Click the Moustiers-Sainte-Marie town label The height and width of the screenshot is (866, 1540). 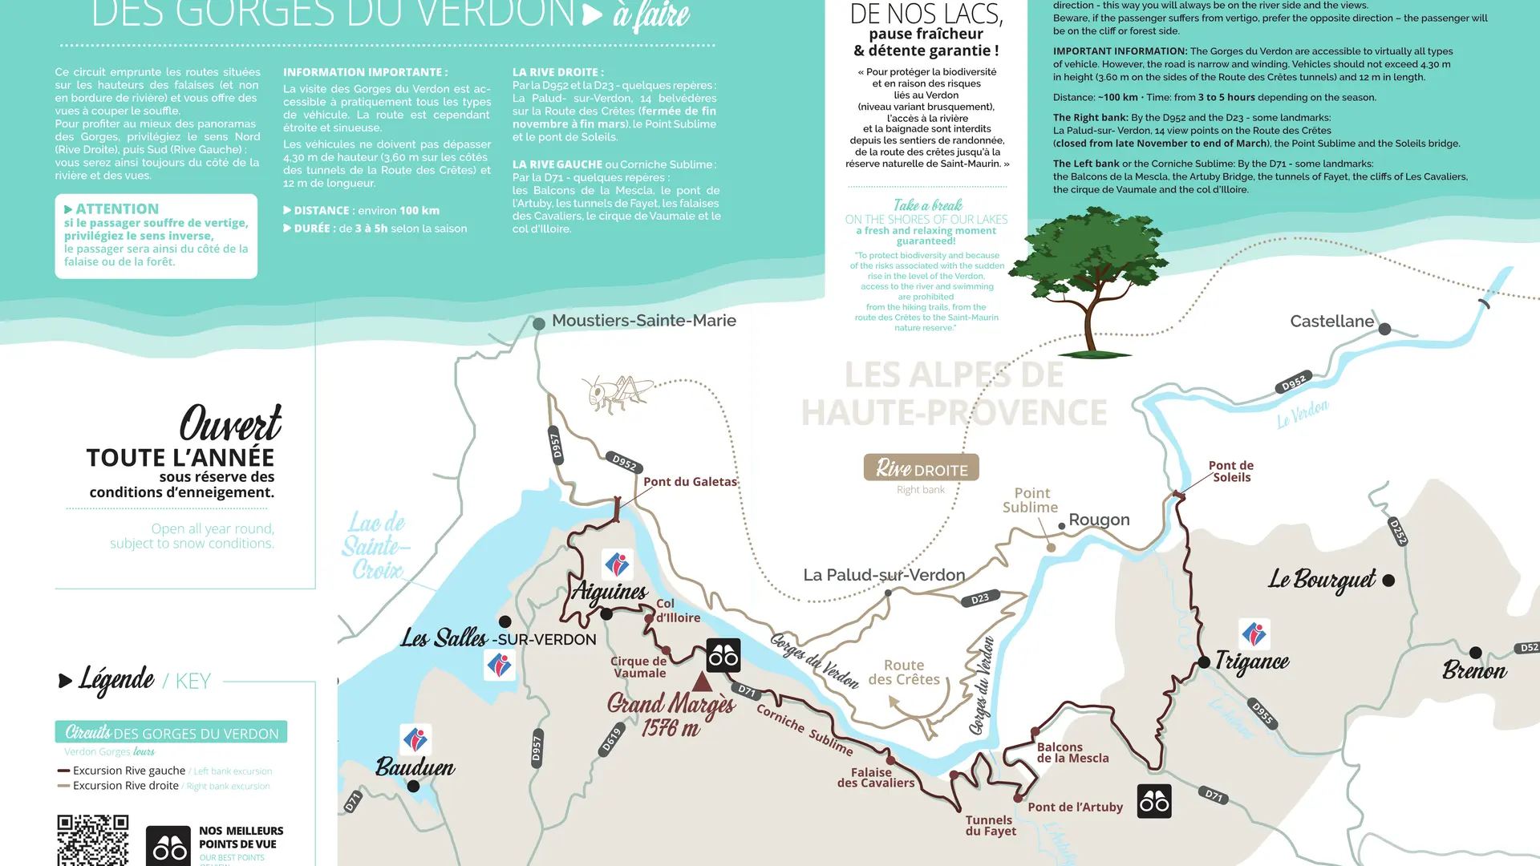click(x=643, y=321)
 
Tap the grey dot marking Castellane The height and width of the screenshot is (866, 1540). click(x=1384, y=329)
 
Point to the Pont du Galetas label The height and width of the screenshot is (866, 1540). click(x=690, y=482)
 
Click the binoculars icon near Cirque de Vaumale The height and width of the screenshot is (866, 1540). click(x=723, y=656)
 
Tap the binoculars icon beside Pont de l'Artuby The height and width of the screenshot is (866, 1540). click(x=1154, y=801)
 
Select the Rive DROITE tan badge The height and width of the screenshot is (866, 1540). click(x=921, y=468)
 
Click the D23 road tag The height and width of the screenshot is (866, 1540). click(x=980, y=599)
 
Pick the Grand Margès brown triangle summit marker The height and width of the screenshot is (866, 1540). click(x=702, y=682)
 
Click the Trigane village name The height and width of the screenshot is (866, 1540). click(x=1252, y=662)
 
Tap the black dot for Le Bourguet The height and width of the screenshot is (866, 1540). click(x=1388, y=581)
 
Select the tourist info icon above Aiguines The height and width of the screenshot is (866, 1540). click(x=617, y=565)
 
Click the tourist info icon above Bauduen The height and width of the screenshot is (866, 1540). click(x=415, y=739)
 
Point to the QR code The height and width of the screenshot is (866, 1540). click(x=92, y=840)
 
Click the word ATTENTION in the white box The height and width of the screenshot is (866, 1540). click(x=117, y=209)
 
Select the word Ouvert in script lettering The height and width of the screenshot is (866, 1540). click(x=230, y=423)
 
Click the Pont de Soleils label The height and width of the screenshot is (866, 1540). click(x=1231, y=471)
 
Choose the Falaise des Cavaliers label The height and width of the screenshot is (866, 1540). click(x=875, y=778)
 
